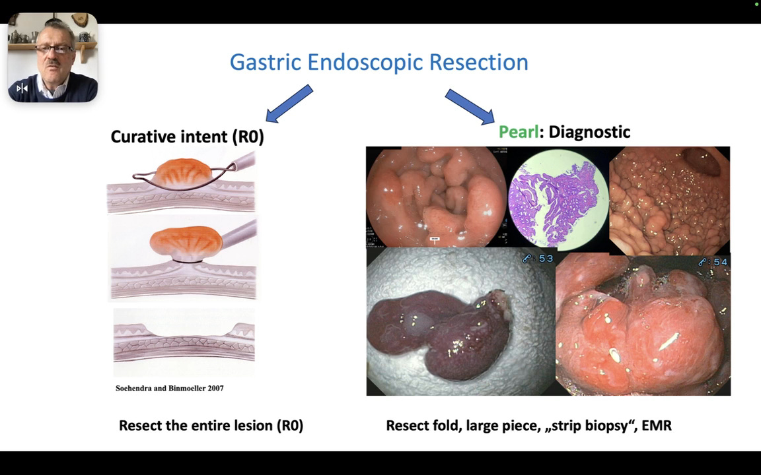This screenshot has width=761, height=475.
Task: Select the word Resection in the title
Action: click(478, 63)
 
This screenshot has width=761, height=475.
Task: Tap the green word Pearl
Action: click(519, 132)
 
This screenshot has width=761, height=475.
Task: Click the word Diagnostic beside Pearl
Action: click(589, 132)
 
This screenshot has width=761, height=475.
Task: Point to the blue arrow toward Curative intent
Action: click(289, 104)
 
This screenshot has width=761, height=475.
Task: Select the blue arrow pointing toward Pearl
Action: click(470, 106)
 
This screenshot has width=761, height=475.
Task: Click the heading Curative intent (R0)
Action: click(187, 137)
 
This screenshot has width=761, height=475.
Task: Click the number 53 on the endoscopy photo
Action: click(545, 259)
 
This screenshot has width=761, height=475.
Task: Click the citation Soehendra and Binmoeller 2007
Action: click(169, 389)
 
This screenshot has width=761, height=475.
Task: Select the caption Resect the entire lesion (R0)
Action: click(211, 426)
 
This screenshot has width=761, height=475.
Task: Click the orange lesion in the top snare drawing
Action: click(182, 170)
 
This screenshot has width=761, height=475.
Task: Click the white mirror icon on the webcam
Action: click(22, 88)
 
